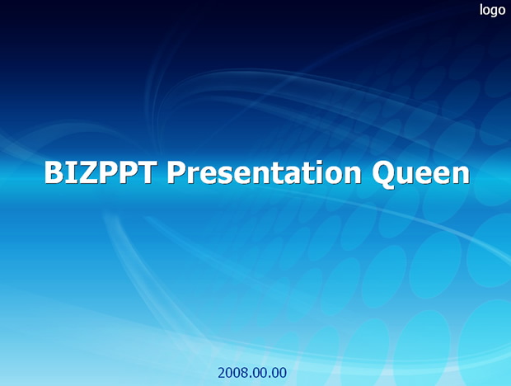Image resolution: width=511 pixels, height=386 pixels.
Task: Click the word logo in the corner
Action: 492,10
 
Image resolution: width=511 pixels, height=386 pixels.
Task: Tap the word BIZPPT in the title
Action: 99,172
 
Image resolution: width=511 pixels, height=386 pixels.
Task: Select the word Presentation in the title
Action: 264,172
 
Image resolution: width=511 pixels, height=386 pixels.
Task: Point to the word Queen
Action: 420,174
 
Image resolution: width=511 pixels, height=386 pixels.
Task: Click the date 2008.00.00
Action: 252,373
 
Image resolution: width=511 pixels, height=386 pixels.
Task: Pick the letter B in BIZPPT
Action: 54,172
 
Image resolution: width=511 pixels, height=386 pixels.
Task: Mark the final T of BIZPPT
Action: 144,172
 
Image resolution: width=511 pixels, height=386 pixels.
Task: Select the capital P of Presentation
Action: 176,172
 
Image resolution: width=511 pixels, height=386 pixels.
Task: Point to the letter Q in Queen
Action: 383,174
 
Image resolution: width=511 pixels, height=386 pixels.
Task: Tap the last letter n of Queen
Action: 462,175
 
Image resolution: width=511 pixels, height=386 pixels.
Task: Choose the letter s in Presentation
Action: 222,176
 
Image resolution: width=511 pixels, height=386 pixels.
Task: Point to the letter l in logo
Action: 481,9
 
